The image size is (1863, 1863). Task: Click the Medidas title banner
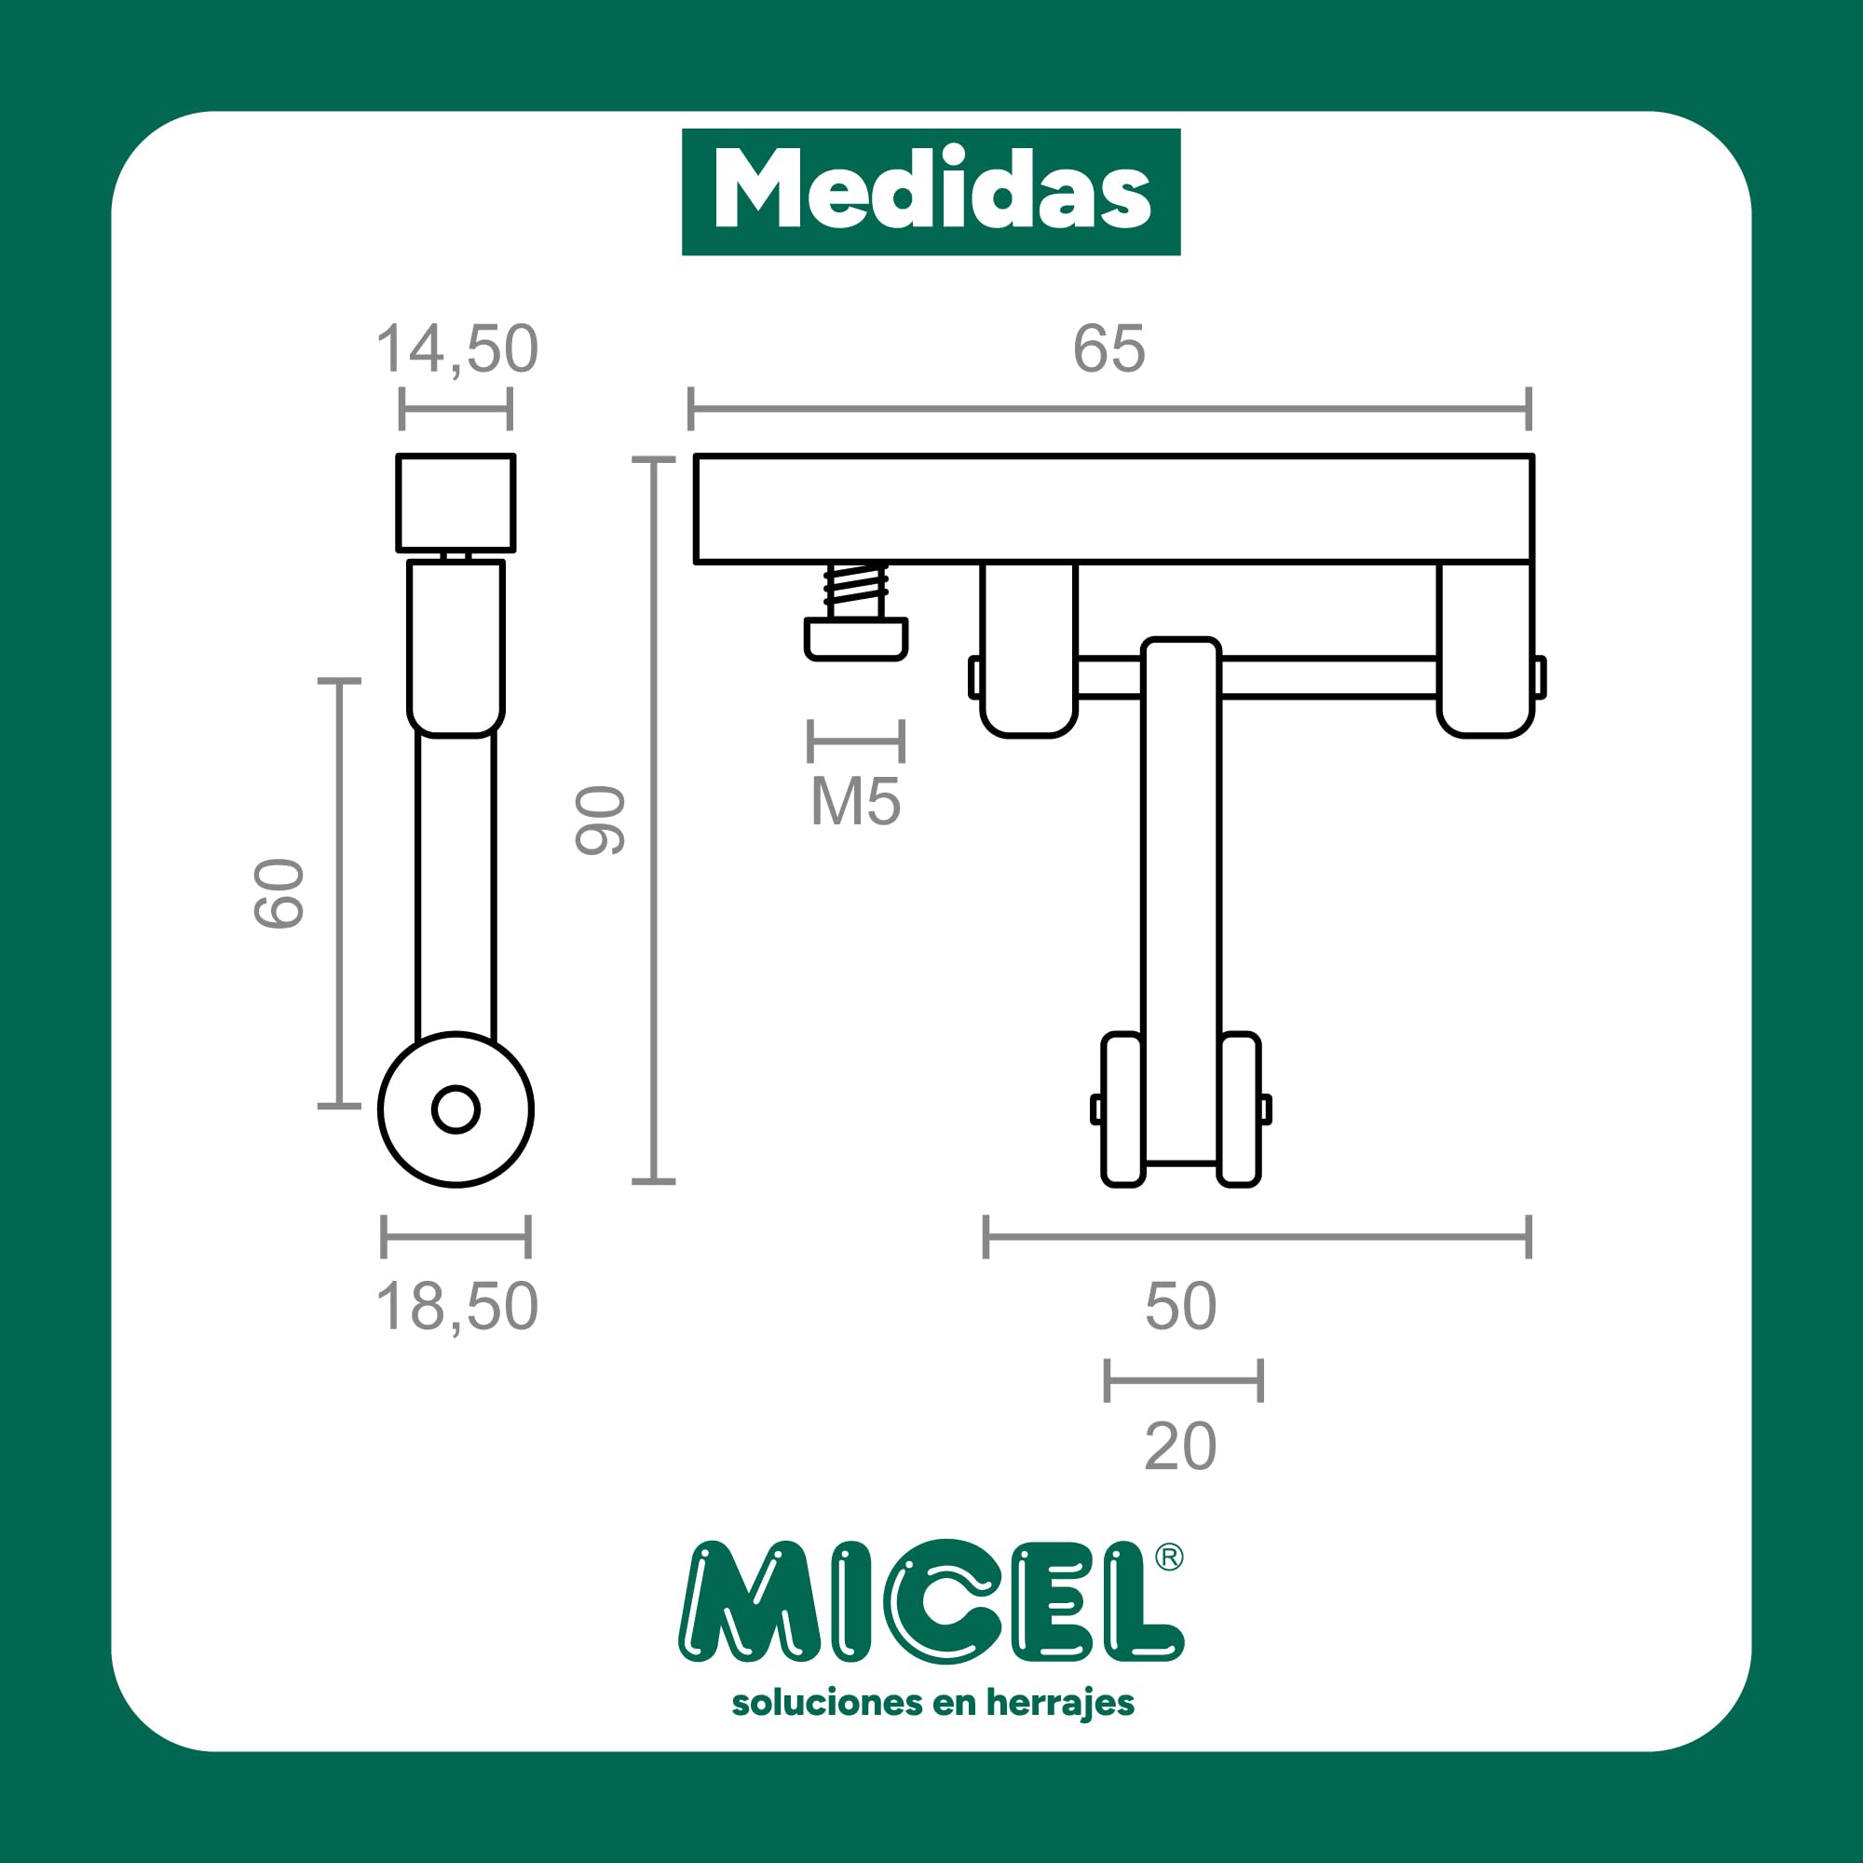(x=931, y=191)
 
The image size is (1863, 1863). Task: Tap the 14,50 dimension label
(x=456, y=349)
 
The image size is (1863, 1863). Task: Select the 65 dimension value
(x=1108, y=349)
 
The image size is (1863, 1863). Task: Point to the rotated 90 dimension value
(x=601, y=820)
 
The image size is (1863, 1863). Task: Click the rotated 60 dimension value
(x=279, y=893)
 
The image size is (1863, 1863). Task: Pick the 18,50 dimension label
(x=456, y=1308)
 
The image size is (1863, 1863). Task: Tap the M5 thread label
(x=855, y=801)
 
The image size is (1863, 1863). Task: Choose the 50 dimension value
(x=1180, y=1308)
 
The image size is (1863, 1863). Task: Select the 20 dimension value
(x=1180, y=1447)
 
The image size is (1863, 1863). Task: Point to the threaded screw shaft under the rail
(x=856, y=592)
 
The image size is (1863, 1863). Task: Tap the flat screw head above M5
(x=856, y=639)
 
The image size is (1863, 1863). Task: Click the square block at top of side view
(x=456, y=502)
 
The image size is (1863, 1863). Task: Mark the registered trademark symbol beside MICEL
(x=1169, y=1557)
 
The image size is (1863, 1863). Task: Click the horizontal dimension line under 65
(x=1108, y=409)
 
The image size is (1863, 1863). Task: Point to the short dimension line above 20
(x=1183, y=1380)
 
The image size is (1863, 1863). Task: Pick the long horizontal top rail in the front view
(x=1114, y=509)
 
